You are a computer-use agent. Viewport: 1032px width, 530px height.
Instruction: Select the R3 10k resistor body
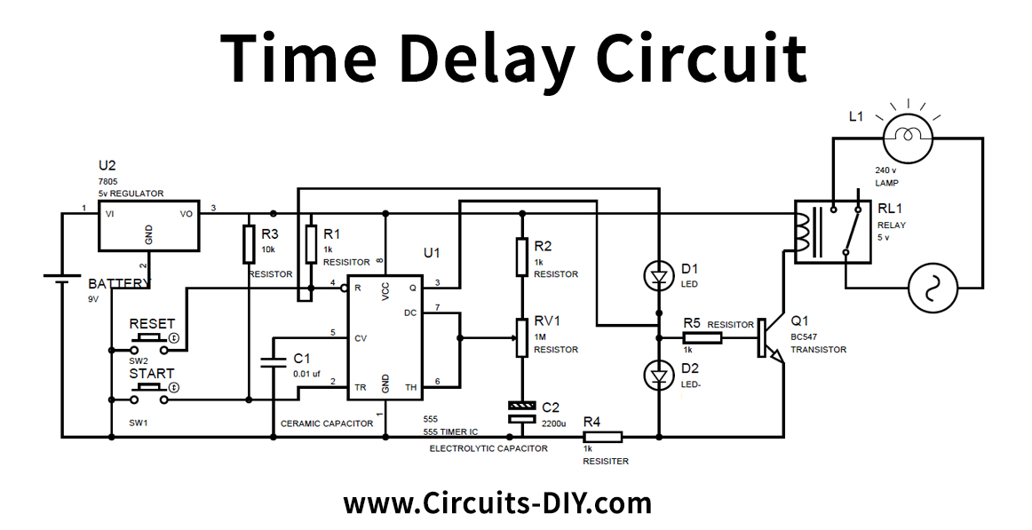pos(249,244)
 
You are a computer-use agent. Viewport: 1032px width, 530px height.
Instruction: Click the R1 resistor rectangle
pos(311,244)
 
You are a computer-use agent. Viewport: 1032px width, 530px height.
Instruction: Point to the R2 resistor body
pos(523,257)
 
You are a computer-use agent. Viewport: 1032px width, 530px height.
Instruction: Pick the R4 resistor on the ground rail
pos(602,436)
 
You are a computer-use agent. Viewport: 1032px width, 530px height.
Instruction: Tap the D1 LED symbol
pos(658,277)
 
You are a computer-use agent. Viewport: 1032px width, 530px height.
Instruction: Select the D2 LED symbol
pos(658,376)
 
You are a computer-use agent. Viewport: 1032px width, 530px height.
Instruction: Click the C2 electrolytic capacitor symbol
pos(523,410)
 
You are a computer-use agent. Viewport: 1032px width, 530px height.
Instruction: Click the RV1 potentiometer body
pos(523,338)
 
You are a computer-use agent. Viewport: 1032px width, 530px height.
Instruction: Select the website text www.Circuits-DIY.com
pos(497,504)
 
